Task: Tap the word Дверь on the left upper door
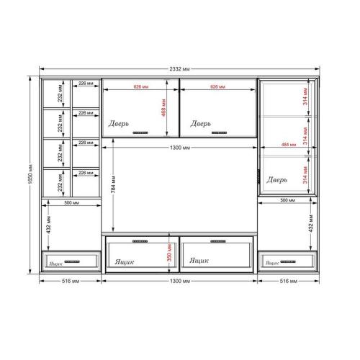tap(120, 124)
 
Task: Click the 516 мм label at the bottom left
tap(70, 280)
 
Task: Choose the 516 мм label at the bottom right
tap(289, 280)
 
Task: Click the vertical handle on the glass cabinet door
tap(258, 177)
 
